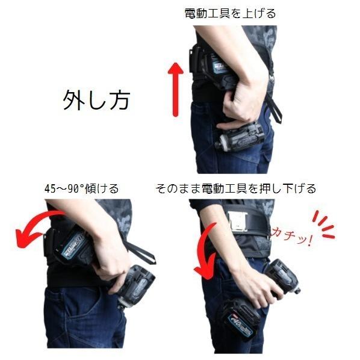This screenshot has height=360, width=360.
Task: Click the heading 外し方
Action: click(x=97, y=100)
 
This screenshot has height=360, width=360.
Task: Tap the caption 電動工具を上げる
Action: click(x=231, y=13)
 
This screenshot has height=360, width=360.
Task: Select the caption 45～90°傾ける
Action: click(x=81, y=188)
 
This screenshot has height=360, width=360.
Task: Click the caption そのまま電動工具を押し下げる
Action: click(x=235, y=188)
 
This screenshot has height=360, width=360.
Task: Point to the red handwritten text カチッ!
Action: click(x=291, y=237)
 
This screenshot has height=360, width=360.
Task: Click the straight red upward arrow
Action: click(x=176, y=90)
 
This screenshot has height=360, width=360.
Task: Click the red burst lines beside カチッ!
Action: click(x=323, y=225)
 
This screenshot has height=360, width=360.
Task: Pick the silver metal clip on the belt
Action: click(x=237, y=221)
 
